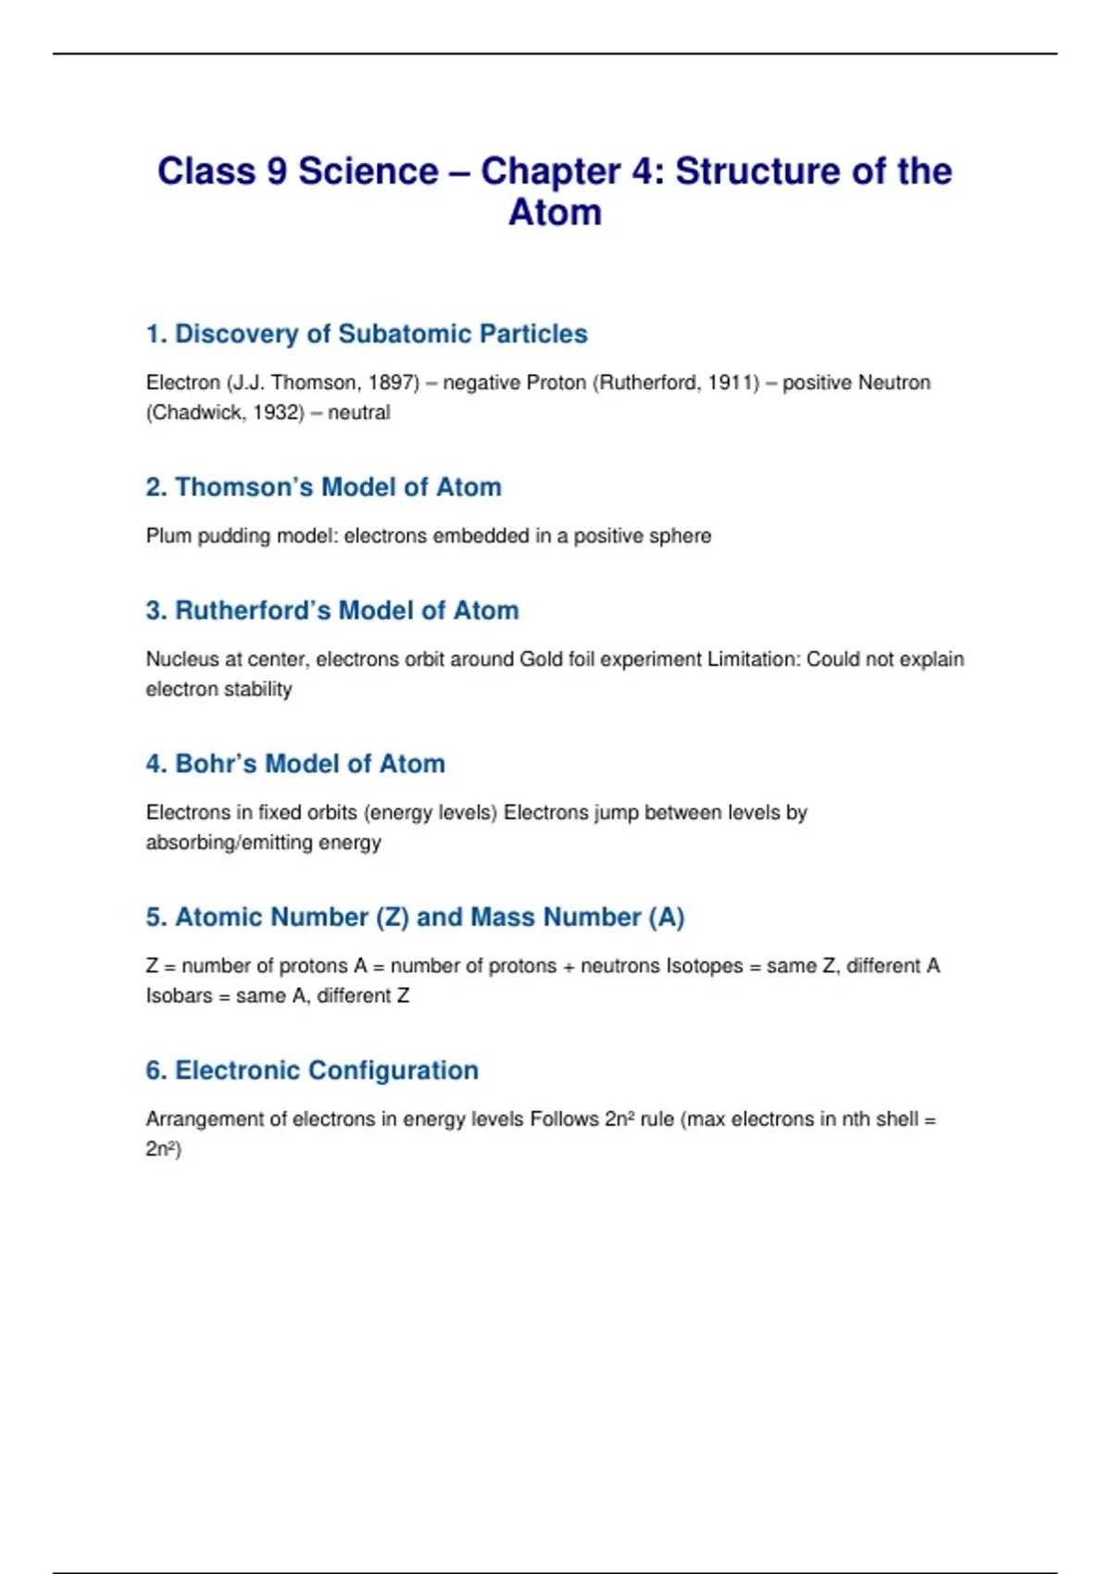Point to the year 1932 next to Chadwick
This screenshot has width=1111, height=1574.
pos(277,412)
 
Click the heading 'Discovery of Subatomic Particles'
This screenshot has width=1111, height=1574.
pos(367,333)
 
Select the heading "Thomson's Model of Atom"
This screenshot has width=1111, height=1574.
pos(323,487)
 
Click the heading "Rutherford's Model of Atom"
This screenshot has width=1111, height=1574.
pos(332,610)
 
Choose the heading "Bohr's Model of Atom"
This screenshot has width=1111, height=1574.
pos(295,764)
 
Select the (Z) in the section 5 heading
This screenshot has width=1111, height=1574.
pos(393,917)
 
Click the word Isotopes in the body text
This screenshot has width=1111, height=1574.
pos(704,966)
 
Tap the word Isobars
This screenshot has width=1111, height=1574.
pos(179,995)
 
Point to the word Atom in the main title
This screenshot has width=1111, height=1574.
pos(555,213)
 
